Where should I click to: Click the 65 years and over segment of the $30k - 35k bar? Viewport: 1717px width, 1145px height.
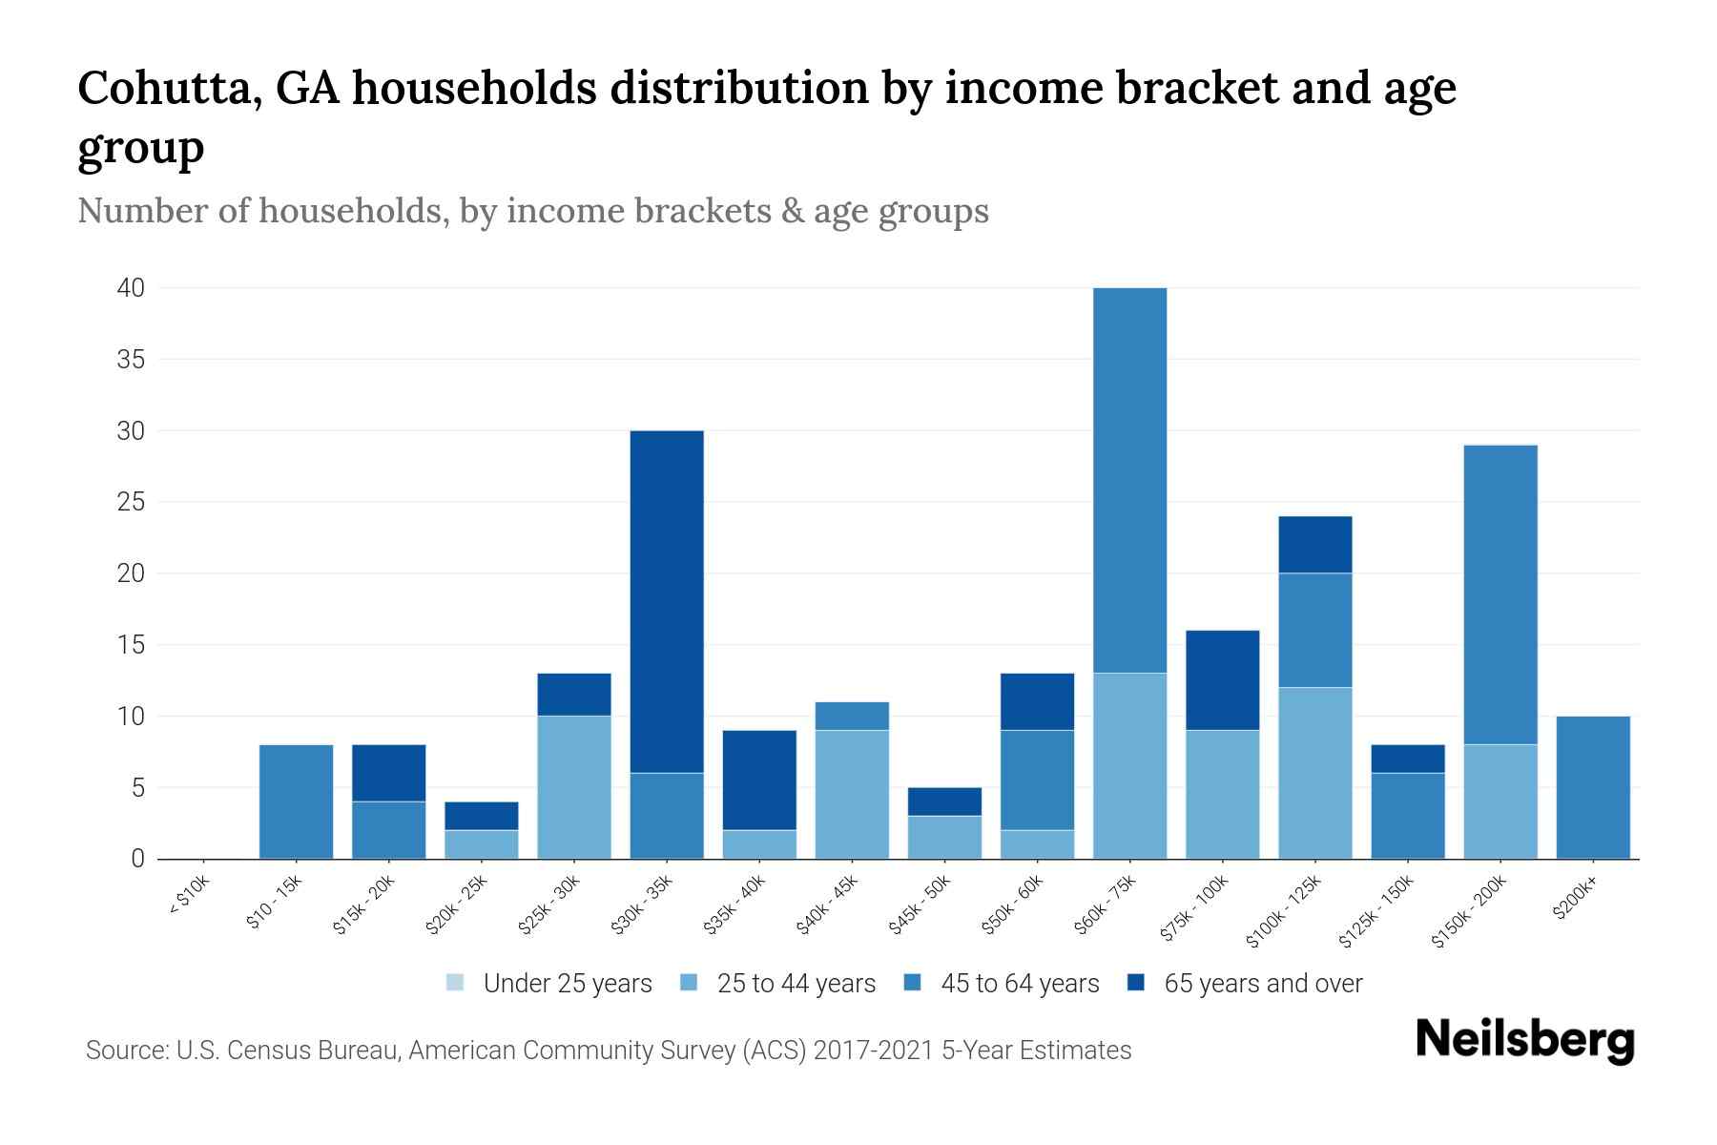tap(667, 601)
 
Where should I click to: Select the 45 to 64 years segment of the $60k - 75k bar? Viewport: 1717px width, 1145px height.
tap(1129, 480)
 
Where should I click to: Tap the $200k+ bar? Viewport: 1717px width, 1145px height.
tap(1593, 787)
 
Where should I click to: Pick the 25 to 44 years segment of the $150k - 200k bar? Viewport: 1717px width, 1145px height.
tap(1500, 801)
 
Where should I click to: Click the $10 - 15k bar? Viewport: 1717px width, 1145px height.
tap(296, 801)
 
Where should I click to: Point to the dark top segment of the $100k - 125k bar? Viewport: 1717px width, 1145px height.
tap(1314, 545)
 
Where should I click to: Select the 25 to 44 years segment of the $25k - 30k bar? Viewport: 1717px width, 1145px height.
tap(574, 787)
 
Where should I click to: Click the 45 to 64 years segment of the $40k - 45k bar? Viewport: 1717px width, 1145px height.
tap(852, 716)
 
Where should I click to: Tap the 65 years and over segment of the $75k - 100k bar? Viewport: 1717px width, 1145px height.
tap(1222, 680)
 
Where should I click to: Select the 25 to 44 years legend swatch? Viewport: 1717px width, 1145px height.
tap(690, 983)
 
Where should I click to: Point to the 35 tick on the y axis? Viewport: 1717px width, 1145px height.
tap(131, 360)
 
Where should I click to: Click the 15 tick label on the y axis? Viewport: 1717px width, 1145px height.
tap(131, 645)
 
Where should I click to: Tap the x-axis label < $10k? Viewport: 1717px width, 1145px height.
tap(188, 899)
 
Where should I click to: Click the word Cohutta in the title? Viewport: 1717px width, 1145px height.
tap(168, 88)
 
